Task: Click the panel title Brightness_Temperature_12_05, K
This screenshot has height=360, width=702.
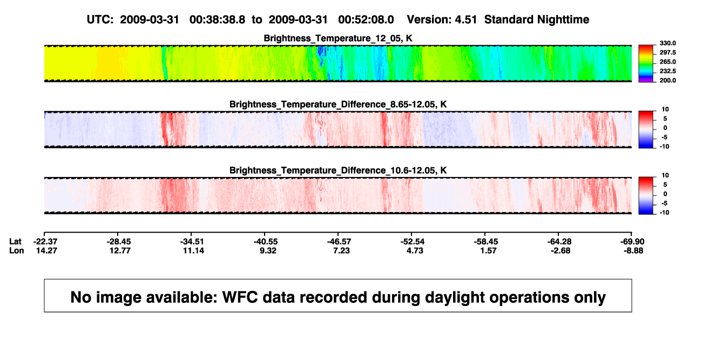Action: (338, 38)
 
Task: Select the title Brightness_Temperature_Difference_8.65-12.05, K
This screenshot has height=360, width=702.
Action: (338, 104)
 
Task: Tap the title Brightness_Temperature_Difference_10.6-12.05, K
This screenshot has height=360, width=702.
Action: (338, 171)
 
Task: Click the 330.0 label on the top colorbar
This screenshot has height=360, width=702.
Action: (667, 43)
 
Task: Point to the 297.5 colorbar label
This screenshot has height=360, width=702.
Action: (667, 52)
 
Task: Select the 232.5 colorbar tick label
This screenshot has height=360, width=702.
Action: (667, 71)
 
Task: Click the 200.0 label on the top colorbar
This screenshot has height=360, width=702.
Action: (667, 80)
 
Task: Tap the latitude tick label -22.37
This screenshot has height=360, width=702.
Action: (45, 242)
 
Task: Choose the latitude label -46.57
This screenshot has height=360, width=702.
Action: (339, 242)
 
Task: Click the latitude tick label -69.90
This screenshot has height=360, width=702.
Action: (632, 242)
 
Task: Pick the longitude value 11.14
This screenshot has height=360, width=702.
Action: (193, 250)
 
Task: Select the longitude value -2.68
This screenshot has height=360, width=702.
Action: (561, 250)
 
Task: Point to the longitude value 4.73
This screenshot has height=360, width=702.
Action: (415, 250)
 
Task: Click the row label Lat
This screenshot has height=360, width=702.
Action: (15, 242)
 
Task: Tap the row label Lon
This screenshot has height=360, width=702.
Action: (16, 250)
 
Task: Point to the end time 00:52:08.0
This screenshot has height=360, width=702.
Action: (366, 19)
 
